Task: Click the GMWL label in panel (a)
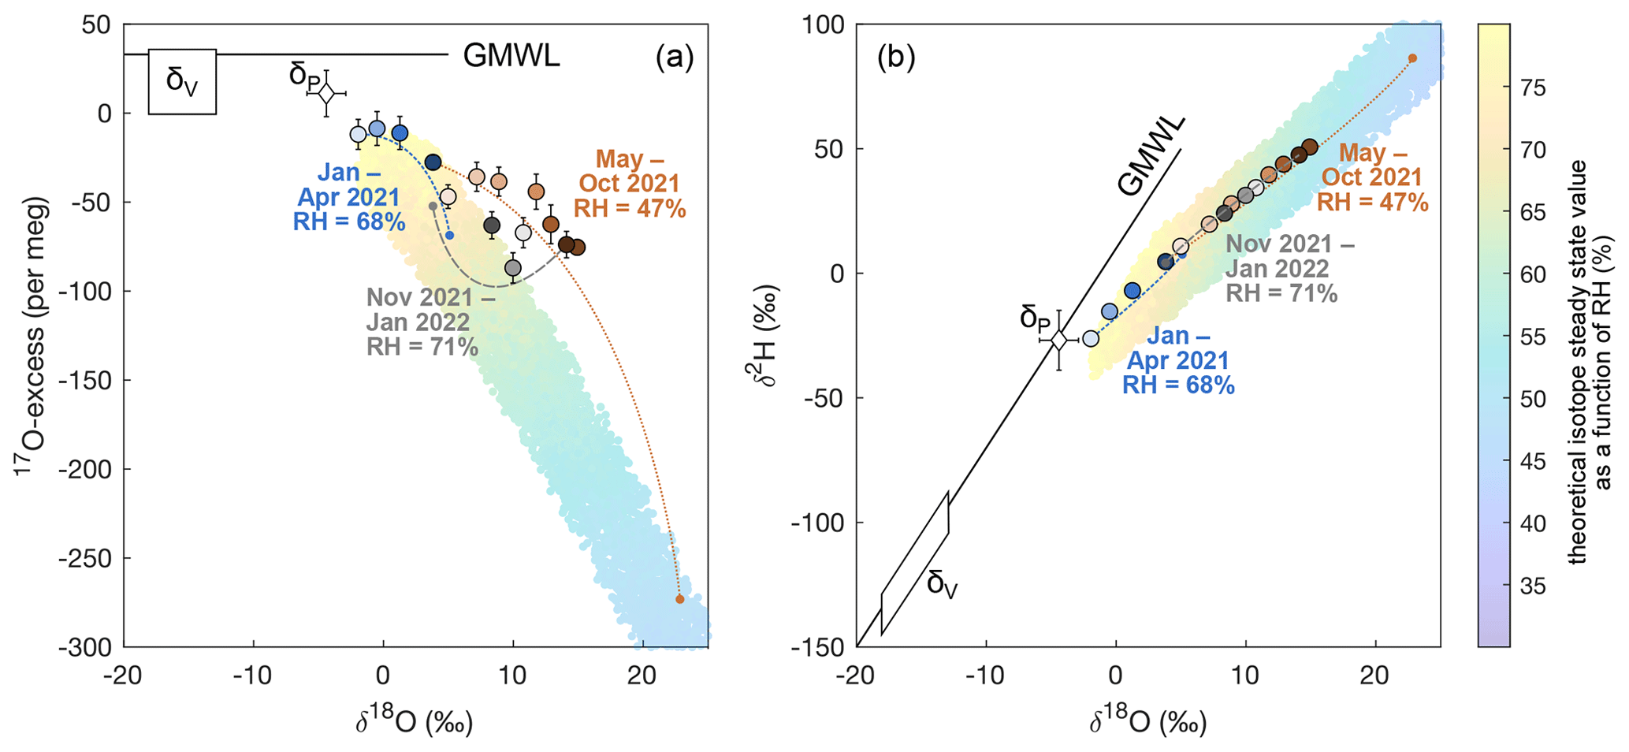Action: click(x=511, y=55)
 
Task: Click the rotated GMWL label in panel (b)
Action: click(x=1151, y=155)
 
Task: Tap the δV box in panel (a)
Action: click(x=182, y=82)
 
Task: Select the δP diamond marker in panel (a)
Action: click(x=326, y=93)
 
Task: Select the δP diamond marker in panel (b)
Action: click(x=1059, y=340)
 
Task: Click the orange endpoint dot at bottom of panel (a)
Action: click(x=680, y=599)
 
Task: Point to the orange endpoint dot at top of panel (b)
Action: click(x=1412, y=58)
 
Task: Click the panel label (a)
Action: click(x=674, y=58)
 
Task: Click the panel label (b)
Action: click(x=895, y=58)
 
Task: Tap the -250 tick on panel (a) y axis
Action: click(x=85, y=558)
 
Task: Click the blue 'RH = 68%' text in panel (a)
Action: click(x=349, y=222)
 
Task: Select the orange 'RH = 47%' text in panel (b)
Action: click(x=1372, y=202)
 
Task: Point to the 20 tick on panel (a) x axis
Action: click(x=643, y=677)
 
